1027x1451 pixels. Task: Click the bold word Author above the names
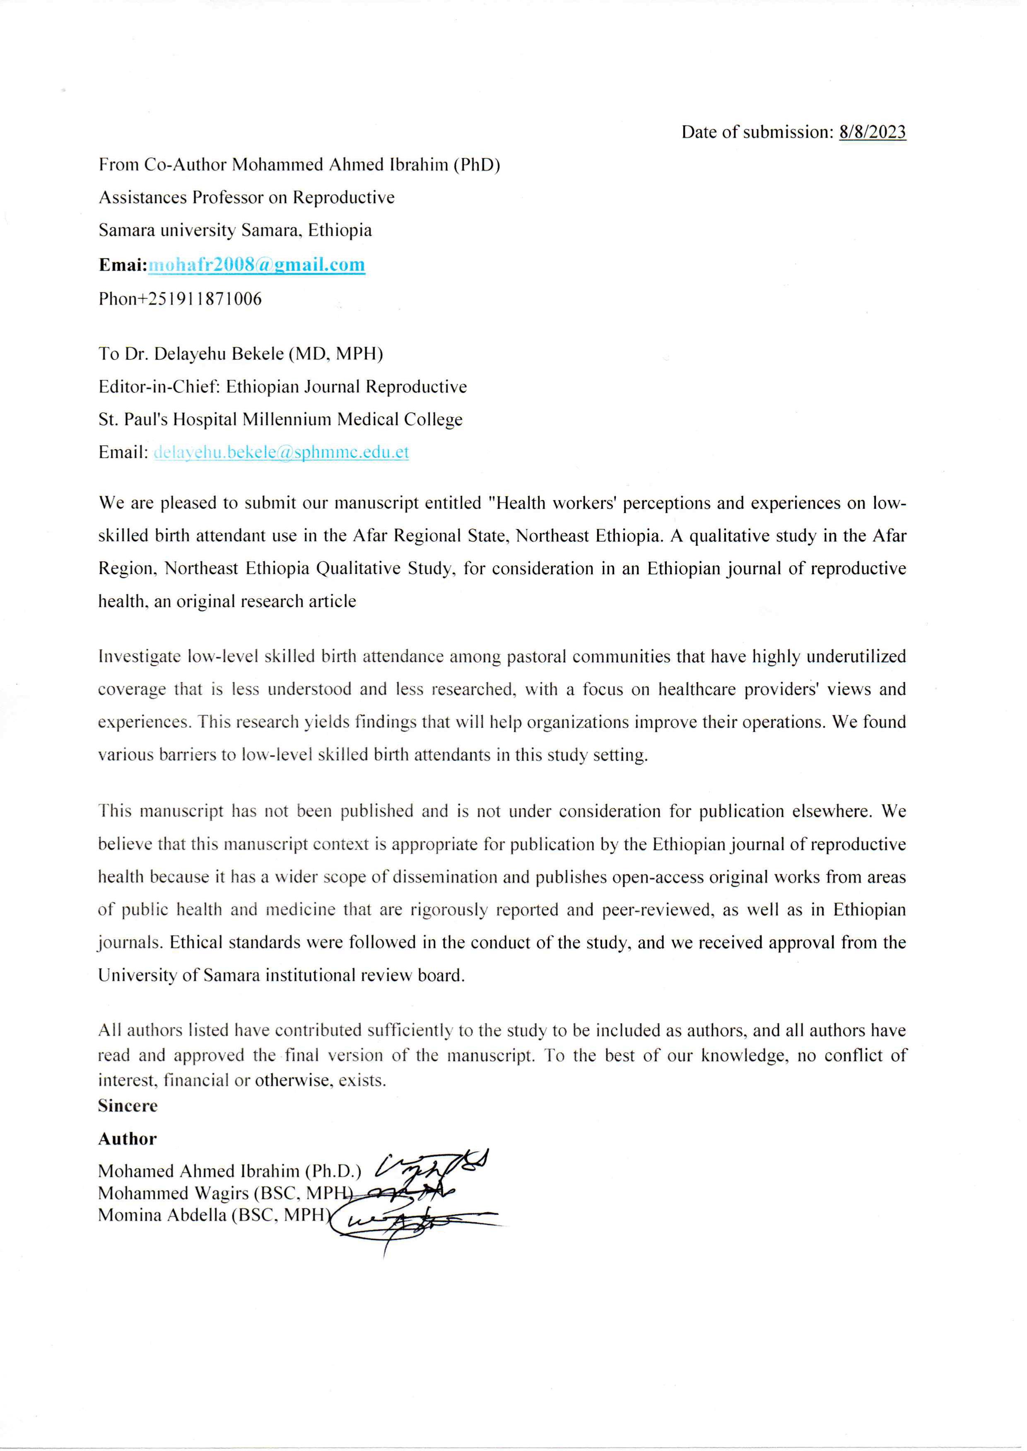127,1139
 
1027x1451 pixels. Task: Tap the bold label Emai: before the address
123,265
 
